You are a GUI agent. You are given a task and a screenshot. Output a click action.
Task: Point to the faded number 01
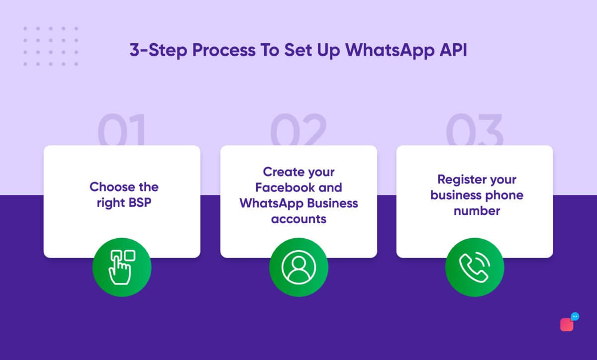(122, 130)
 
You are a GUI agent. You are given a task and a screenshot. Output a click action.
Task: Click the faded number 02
(298, 130)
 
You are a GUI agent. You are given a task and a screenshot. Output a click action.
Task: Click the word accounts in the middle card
(298, 219)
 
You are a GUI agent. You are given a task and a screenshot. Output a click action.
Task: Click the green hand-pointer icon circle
(122, 268)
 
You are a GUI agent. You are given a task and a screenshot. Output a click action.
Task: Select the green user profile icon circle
(298, 268)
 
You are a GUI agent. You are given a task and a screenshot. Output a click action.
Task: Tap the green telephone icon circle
(474, 268)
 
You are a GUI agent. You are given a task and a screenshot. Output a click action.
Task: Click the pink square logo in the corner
(567, 325)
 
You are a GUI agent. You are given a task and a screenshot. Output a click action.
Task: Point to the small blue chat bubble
(575, 316)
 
